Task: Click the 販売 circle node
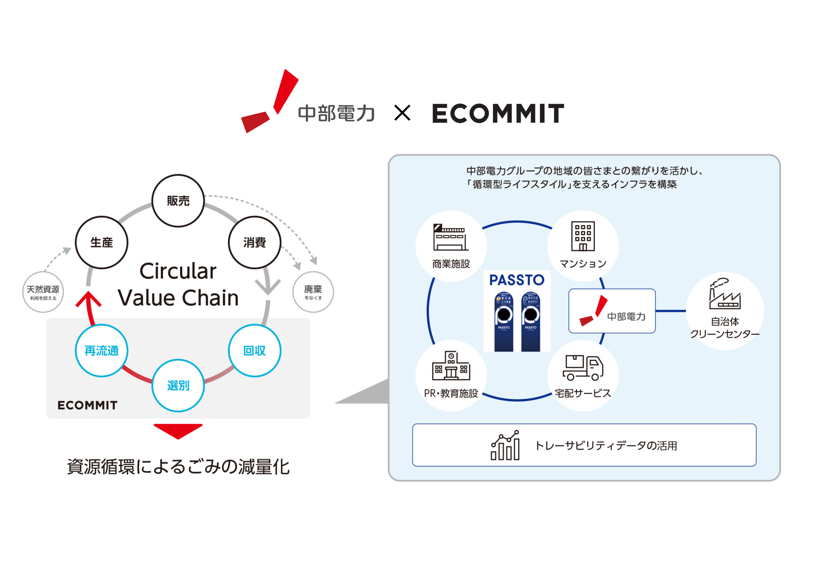click(x=178, y=201)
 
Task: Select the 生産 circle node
click(x=101, y=243)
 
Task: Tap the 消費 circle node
click(x=254, y=243)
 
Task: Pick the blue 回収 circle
click(x=254, y=350)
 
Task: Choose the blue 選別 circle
click(x=178, y=386)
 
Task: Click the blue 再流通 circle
click(x=101, y=350)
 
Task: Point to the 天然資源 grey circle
click(x=43, y=292)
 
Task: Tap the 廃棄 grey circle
click(x=313, y=292)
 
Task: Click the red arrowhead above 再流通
click(x=88, y=299)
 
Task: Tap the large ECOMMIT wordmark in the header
click(x=498, y=114)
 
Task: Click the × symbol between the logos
click(x=402, y=113)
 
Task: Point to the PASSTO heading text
click(x=517, y=280)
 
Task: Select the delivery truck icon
click(x=583, y=368)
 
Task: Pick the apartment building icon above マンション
click(x=583, y=236)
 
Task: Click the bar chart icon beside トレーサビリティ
click(x=505, y=445)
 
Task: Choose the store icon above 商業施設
click(x=450, y=237)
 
